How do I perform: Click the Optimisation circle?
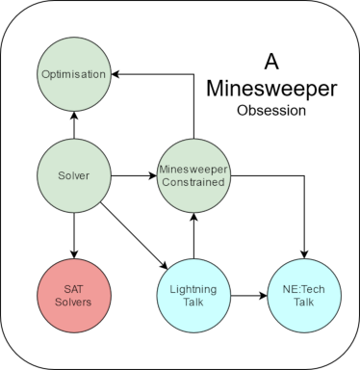[x=73, y=74]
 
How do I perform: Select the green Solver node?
[x=73, y=175]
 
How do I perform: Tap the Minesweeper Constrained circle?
[x=193, y=175]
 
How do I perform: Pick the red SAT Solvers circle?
[x=73, y=295]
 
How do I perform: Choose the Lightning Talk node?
[x=193, y=295]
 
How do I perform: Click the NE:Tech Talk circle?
[x=304, y=295]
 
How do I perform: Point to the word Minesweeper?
[x=193, y=170]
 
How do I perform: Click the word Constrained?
[x=193, y=182]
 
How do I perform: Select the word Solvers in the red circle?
[x=73, y=302]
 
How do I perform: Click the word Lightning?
[x=193, y=289]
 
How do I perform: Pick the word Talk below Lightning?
[x=193, y=302]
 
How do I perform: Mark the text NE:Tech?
[x=304, y=289]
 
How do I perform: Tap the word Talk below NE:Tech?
[x=304, y=302]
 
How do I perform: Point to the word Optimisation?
[x=73, y=74]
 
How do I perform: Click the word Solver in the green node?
[x=73, y=175]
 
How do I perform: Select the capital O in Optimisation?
[x=45, y=74]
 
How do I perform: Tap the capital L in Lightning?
[x=172, y=289]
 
